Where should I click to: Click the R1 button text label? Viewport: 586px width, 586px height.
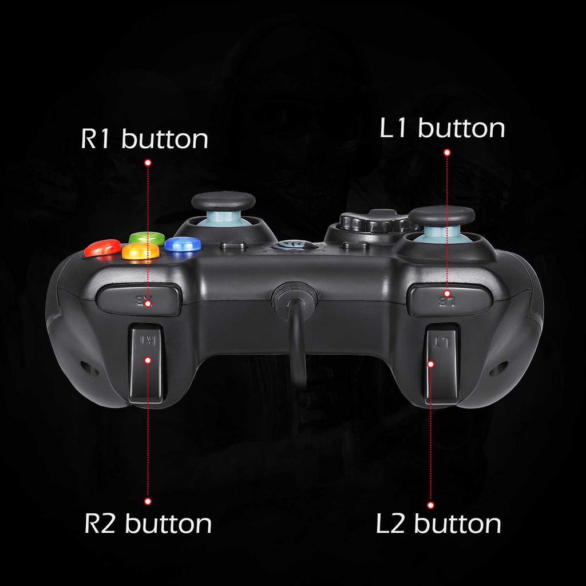pyautogui.click(x=144, y=139)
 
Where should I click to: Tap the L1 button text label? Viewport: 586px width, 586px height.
pyautogui.click(x=442, y=128)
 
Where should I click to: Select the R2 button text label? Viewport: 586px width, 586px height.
pyautogui.click(x=148, y=524)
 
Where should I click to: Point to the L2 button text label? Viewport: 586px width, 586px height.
pyautogui.click(x=438, y=524)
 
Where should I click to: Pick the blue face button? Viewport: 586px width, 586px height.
pyautogui.click(x=183, y=244)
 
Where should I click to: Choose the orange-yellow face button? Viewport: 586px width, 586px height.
pyautogui.click(x=141, y=251)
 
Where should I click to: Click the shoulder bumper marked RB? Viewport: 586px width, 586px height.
pyautogui.click(x=138, y=299)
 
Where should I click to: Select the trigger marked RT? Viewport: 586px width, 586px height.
pyautogui.click(x=147, y=363)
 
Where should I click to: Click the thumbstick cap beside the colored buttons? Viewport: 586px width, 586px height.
pyautogui.click(x=223, y=201)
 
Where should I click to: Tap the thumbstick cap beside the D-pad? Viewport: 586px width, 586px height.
pyautogui.click(x=441, y=216)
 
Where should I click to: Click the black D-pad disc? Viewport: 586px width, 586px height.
pyautogui.click(x=372, y=221)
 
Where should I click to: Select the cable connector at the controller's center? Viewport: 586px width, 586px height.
pyautogui.click(x=295, y=298)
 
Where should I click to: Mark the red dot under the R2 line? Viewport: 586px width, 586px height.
pyautogui.click(x=148, y=501)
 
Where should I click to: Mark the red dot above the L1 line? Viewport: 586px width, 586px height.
pyautogui.click(x=447, y=152)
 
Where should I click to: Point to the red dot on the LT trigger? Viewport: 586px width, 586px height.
pyautogui.click(x=431, y=363)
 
